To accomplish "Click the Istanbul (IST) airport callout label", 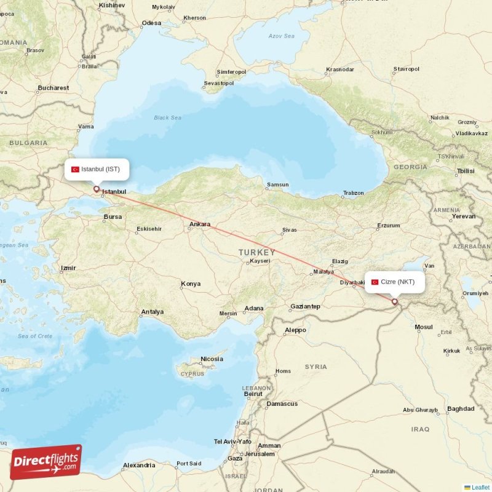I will point(99,169).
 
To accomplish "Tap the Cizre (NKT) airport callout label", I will point(397,282).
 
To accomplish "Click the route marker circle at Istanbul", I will point(96,189).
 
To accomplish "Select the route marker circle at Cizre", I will point(394,301).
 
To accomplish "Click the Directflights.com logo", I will point(46,462).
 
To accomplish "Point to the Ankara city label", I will point(200,224).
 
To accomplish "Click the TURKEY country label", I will point(257,253).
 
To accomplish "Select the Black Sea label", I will point(167,117).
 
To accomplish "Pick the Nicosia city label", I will point(212,359).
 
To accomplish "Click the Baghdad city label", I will point(461,408).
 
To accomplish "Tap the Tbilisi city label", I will point(466,171).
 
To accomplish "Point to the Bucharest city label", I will point(53,88).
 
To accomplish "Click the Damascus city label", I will point(282,404).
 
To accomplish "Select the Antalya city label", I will point(152,312).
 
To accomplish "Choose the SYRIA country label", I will point(316,367).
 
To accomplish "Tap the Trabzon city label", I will point(353,193).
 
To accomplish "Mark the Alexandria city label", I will point(139,466).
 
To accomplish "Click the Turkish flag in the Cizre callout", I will point(375,282).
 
